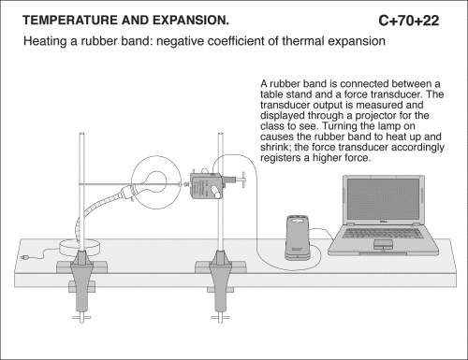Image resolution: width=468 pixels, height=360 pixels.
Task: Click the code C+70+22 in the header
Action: pos(409,21)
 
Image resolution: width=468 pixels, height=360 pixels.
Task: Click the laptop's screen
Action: pos(383,199)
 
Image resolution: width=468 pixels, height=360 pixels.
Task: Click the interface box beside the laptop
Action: pos(298,238)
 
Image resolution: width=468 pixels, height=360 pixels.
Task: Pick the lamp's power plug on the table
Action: pos(24,257)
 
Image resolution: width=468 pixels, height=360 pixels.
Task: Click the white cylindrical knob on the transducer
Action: pos(214,191)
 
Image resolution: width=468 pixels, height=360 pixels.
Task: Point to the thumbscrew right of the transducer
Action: pos(240,180)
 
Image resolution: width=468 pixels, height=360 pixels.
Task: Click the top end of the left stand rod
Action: pos(81,134)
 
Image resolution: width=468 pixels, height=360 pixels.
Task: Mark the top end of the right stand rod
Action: pos(221,134)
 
